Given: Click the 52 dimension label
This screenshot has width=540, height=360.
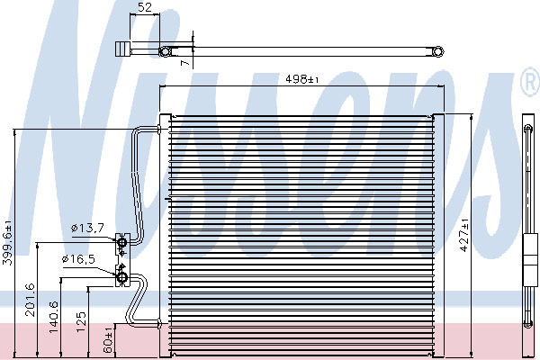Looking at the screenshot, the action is pos(145,7).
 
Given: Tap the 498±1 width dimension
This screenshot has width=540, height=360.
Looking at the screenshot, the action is pos(302,79).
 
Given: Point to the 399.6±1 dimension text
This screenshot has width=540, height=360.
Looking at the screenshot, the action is pos(7,242).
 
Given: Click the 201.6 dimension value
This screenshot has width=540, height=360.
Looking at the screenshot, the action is pos(31,300).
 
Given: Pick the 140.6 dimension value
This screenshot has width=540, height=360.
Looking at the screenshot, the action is pos(53,317).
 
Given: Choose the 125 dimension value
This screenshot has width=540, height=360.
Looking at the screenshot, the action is pos(81,322).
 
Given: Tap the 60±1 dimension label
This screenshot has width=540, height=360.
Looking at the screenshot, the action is pos(108,339).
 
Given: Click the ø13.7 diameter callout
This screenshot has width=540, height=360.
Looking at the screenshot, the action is pos(87,228).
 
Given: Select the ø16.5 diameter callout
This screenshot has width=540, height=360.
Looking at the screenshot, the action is pos(78,259).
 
